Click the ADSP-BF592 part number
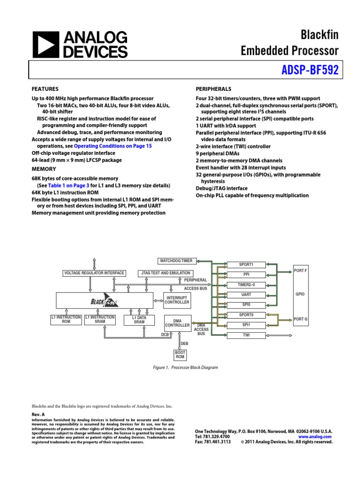click(309, 70)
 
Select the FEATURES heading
click(45, 89)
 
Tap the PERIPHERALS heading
click(213, 89)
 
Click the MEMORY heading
click(44, 169)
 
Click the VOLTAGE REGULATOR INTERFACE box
click(94, 273)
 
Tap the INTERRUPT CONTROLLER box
click(177, 300)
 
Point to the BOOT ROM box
click(180, 355)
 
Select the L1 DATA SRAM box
click(139, 320)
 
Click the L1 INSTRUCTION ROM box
click(66, 320)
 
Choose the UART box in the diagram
click(246, 295)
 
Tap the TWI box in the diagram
click(246, 335)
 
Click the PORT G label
click(300, 319)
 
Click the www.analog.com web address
click(315, 436)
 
